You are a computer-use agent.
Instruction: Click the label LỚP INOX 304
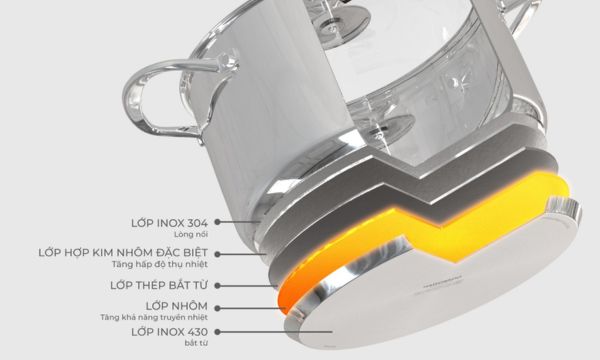click(x=174, y=221)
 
